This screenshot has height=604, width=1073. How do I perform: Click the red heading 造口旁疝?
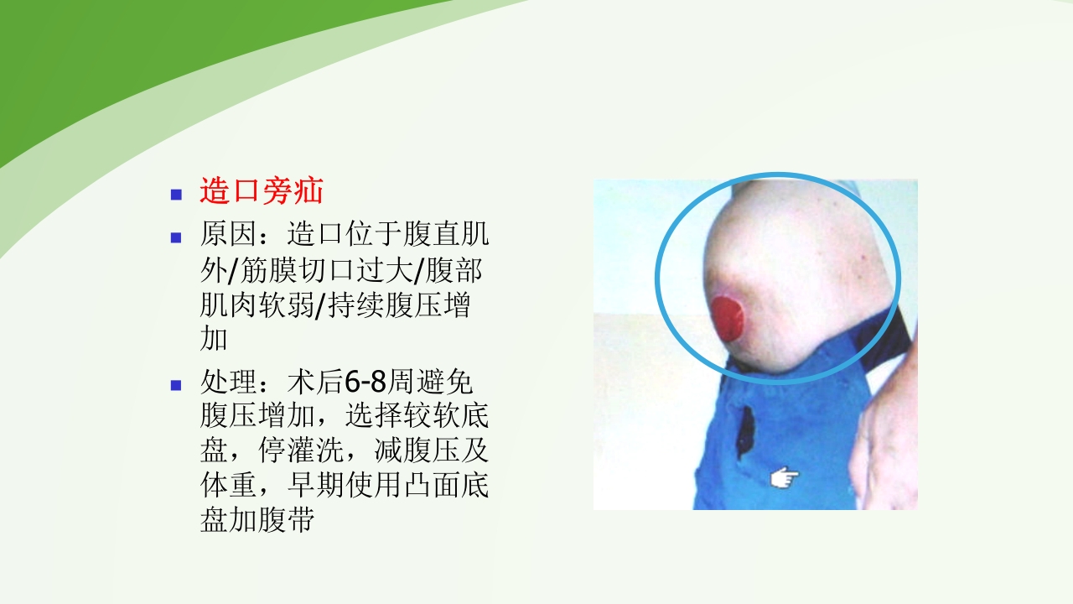tap(261, 192)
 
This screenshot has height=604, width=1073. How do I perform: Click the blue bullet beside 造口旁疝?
tap(176, 195)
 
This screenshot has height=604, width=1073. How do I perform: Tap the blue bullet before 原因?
tap(176, 237)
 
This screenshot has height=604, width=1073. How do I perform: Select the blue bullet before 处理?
tap(176, 386)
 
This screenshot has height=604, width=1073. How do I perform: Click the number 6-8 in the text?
tap(366, 383)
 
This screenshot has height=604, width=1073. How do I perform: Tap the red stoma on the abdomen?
tap(728, 316)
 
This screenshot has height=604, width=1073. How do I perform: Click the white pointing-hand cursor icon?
tap(785, 477)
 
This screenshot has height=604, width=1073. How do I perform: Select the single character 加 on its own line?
tap(214, 340)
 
